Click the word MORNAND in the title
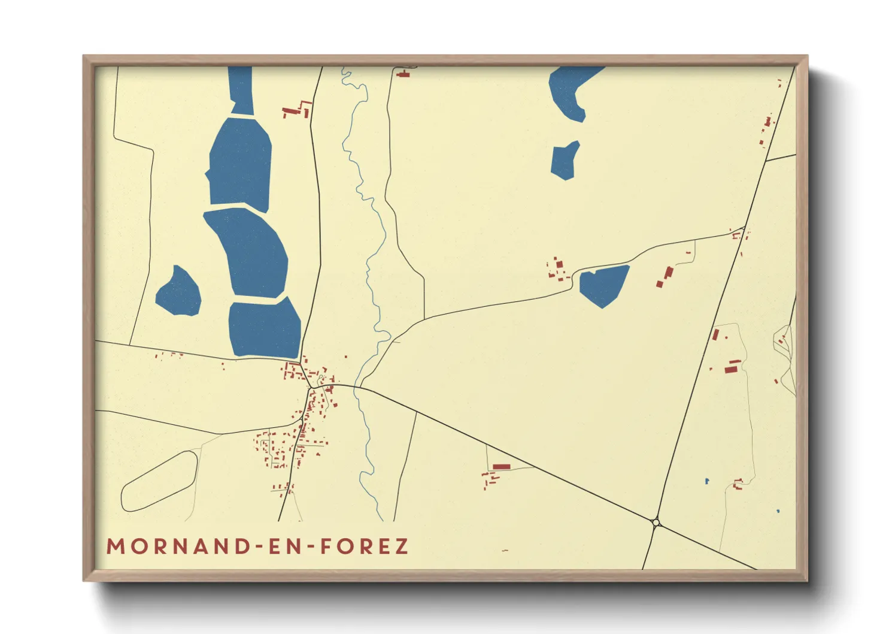tap(178, 547)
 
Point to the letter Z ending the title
tap(401, 547)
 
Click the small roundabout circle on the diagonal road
tap(656, 523)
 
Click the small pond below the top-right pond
tap(565, 161)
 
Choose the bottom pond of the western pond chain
tap(264, 328)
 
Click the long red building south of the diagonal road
tap(502, 466)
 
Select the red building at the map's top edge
tap(403, 74)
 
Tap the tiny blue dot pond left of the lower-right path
tap(707, 481)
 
